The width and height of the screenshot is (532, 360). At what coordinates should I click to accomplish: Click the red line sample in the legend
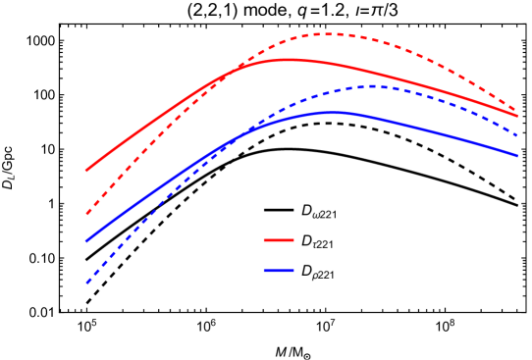coord(279,240)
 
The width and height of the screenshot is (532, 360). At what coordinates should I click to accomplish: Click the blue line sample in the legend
coord(279,270)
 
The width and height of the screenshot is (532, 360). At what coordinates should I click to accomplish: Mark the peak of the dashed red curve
coord(327,34)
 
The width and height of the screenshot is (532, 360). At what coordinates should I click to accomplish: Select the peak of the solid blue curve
coord(331,113)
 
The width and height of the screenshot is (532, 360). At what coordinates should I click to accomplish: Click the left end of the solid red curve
coord(86,171)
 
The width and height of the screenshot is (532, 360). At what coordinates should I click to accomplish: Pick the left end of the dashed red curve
coord(86,214)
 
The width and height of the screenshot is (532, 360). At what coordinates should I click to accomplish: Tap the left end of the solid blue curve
coord(86,241)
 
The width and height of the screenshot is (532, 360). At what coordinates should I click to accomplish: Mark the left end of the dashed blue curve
coord(86,283)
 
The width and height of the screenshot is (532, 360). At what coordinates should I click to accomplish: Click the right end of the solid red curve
coord(517,116)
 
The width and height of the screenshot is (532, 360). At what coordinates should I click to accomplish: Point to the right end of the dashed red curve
coord(517,110)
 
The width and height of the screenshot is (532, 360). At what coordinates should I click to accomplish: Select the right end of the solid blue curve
coord(517,156)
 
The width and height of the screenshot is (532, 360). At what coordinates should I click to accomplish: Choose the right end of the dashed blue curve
coord(517,135)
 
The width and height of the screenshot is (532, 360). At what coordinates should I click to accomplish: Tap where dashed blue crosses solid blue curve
coord(224,146)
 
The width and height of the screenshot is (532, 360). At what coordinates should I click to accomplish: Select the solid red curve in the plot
coord(147,127)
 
